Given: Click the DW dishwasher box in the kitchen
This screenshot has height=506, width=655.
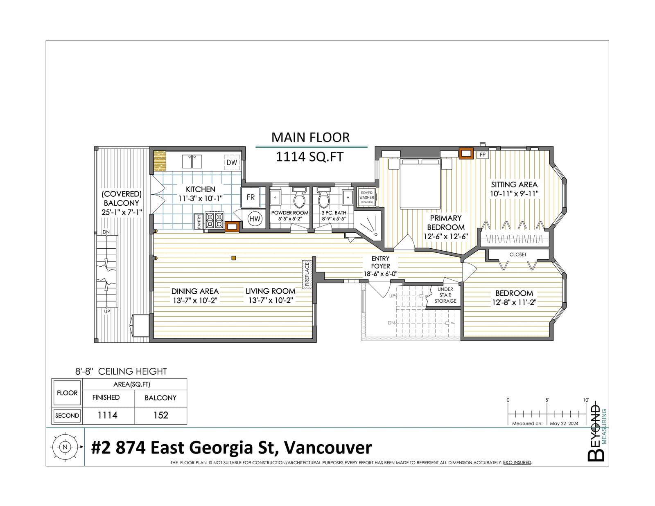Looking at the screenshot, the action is (231, 162).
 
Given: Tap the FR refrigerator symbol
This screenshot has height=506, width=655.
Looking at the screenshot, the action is (251, 197).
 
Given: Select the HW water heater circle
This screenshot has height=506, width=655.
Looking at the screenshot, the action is (255, 219).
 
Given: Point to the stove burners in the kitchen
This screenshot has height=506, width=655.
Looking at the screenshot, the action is (215, 220).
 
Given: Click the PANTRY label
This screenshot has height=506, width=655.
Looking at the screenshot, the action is (199, 221).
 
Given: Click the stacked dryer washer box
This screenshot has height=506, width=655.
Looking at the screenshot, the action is (366, 197).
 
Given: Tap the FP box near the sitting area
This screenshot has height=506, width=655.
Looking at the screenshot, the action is (483, 155).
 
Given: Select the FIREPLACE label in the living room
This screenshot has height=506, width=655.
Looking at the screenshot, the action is (307, 274).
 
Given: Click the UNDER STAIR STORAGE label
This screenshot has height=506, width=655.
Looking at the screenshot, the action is (445, 295).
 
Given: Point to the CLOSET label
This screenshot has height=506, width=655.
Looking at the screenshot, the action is (517, 254).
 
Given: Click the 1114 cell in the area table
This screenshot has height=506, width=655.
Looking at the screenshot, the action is (107, 415).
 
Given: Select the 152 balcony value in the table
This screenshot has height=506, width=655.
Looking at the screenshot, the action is (160, 415).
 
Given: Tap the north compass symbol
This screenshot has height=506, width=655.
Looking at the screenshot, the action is (65, 447).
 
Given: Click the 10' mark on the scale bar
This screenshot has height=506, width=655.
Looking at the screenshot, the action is (586, 400).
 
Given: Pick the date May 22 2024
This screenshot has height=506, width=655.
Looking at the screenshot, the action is (564, 423).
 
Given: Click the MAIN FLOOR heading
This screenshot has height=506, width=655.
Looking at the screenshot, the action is (310, 137).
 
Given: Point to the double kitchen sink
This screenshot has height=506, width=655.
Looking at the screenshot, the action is (192, 162).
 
